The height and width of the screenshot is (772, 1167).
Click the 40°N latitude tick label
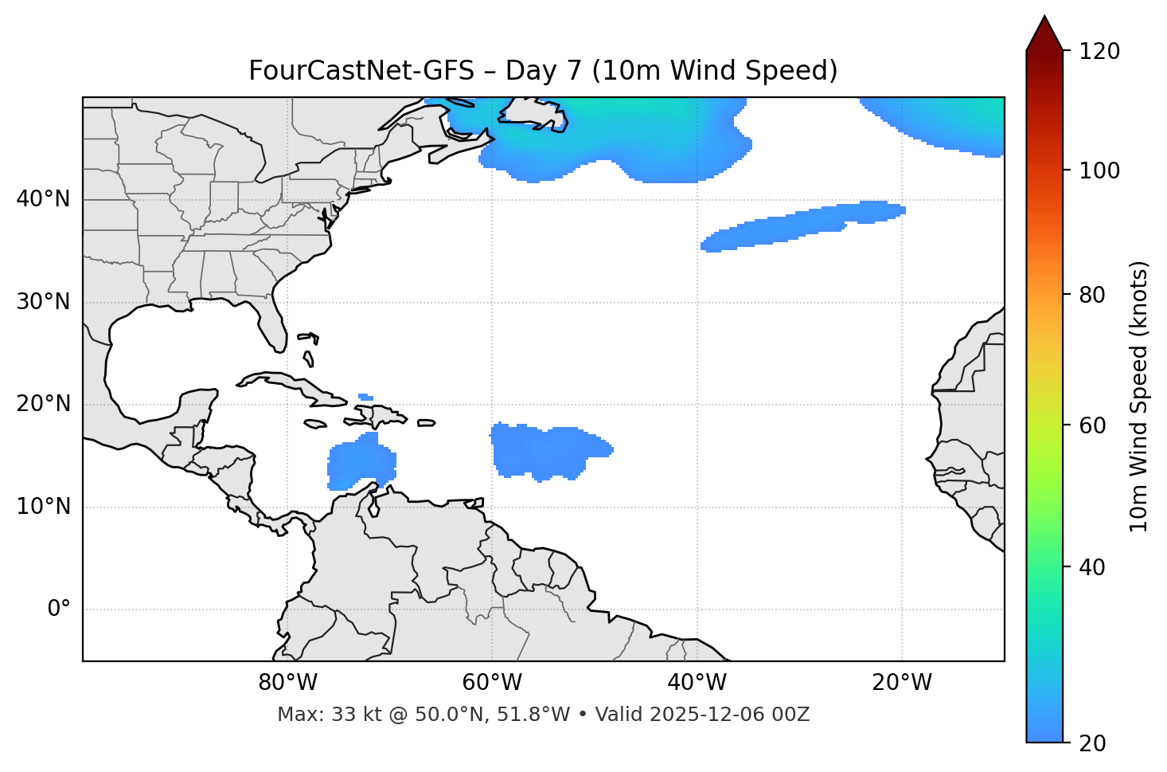[43, 199]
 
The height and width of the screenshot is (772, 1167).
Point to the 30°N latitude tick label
[43, 302]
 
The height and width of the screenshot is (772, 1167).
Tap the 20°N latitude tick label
[43, 404]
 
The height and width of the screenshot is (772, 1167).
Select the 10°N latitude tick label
[43, 507]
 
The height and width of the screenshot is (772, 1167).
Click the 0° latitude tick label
[59, 609]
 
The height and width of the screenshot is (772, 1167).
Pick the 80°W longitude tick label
[287, 683]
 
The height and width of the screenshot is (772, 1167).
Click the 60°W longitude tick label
[492, 683]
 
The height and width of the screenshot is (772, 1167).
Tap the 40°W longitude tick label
[697, 683]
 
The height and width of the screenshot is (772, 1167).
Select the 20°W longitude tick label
[902, 683]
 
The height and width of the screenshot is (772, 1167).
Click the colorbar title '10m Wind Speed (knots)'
[1139, 396]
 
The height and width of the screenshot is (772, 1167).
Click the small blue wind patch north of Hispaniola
[365, 397]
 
